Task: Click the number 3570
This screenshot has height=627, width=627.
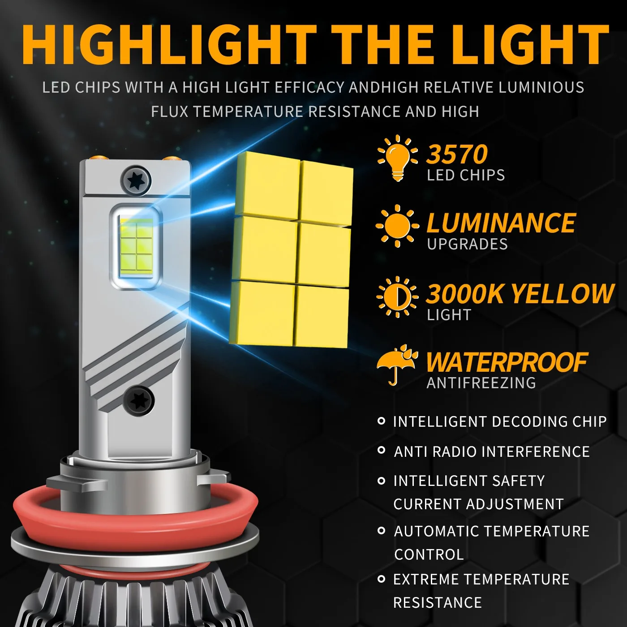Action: [x=457, y=155]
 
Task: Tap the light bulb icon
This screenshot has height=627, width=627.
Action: [x=398, y=157]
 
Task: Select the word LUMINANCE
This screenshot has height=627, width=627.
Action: [x=501, y=223]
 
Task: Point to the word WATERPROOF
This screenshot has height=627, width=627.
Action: [x=507, y=362]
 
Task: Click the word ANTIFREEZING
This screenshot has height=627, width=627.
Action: [x=481, y=383]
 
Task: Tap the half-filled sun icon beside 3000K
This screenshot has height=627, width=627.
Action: [x=397, y=296]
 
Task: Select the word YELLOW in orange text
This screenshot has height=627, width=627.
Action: [x=563, y=294]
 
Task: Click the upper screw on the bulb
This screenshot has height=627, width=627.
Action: [x=136, y=181]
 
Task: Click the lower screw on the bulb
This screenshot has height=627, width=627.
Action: [x=139, y=400]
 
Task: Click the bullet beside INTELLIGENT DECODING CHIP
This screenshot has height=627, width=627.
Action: [x=382, y=421]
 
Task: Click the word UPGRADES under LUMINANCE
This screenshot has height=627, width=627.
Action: [x=467, y=244]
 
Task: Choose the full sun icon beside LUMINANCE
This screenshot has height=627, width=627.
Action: [x=397, y=226]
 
